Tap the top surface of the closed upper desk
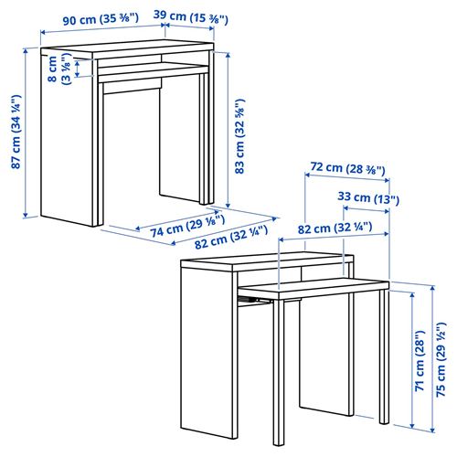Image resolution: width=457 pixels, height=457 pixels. coord(128,49)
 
